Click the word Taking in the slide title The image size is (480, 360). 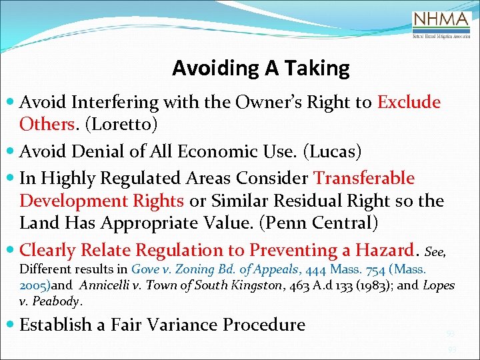click(x=319, y=68)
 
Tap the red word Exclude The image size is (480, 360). click(x=409, y=102)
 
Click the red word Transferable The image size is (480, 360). click(x=364, y=178)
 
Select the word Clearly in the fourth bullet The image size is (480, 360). click(x=47, y=250)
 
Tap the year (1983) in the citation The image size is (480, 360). click(x=375, y=285)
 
